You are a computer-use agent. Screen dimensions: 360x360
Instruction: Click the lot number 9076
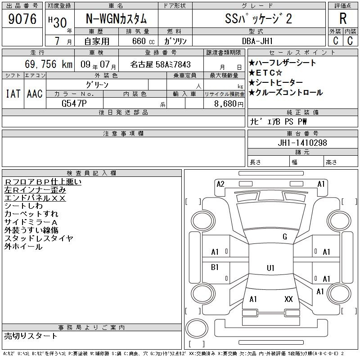tap(22, 19)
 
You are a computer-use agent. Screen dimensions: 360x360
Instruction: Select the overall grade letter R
tap(343, 18)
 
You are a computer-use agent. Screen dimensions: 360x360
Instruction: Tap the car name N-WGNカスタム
tap(116, 19)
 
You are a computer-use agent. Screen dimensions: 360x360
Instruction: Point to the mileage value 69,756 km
tap(49, 64)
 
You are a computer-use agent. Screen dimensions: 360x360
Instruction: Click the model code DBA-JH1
tap(257, 41)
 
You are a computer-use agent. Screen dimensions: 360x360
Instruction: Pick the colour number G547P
tap(74, 103)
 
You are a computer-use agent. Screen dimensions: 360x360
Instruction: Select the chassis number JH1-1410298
tap(302, 143)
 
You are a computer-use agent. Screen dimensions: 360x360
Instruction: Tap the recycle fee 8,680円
tap(229, 104)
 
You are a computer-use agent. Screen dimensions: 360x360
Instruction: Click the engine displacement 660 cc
tap(143, 41)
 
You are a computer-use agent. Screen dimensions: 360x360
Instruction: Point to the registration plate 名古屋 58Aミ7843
tap(161, 64)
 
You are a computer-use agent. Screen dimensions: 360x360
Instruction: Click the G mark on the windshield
tap(285, 237)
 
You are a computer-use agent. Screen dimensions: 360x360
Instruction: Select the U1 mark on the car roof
tap(271, 268)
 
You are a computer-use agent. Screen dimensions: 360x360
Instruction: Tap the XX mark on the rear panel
tap(288, 299)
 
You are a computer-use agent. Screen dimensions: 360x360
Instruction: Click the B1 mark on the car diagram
tap(215, 267)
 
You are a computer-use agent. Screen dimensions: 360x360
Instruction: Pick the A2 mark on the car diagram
tap(220, 184)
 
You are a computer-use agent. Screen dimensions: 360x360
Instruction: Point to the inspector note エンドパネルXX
tap(35, 198)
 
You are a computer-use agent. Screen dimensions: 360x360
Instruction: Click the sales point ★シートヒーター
tap(276, 82)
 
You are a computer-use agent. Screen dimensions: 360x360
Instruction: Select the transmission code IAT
tap(13, 94)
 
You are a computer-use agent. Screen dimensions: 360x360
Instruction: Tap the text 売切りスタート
tap(31, 336)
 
